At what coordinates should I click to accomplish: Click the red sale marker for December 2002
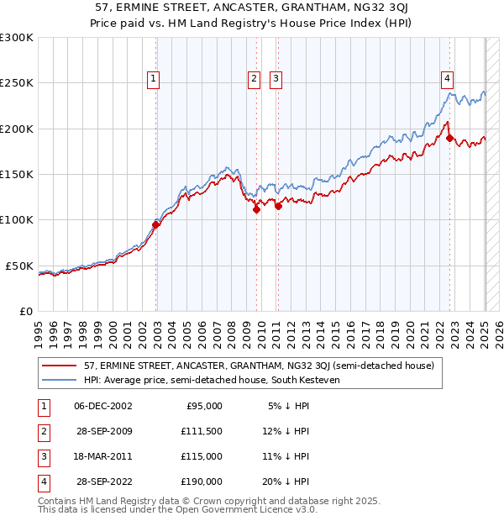[156, 224]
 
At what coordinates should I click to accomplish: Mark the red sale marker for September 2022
[449, 138]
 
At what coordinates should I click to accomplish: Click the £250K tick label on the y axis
[17, 83]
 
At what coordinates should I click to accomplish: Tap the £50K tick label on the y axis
[20, 266]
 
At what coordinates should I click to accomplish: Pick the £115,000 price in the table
[202, 456]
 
